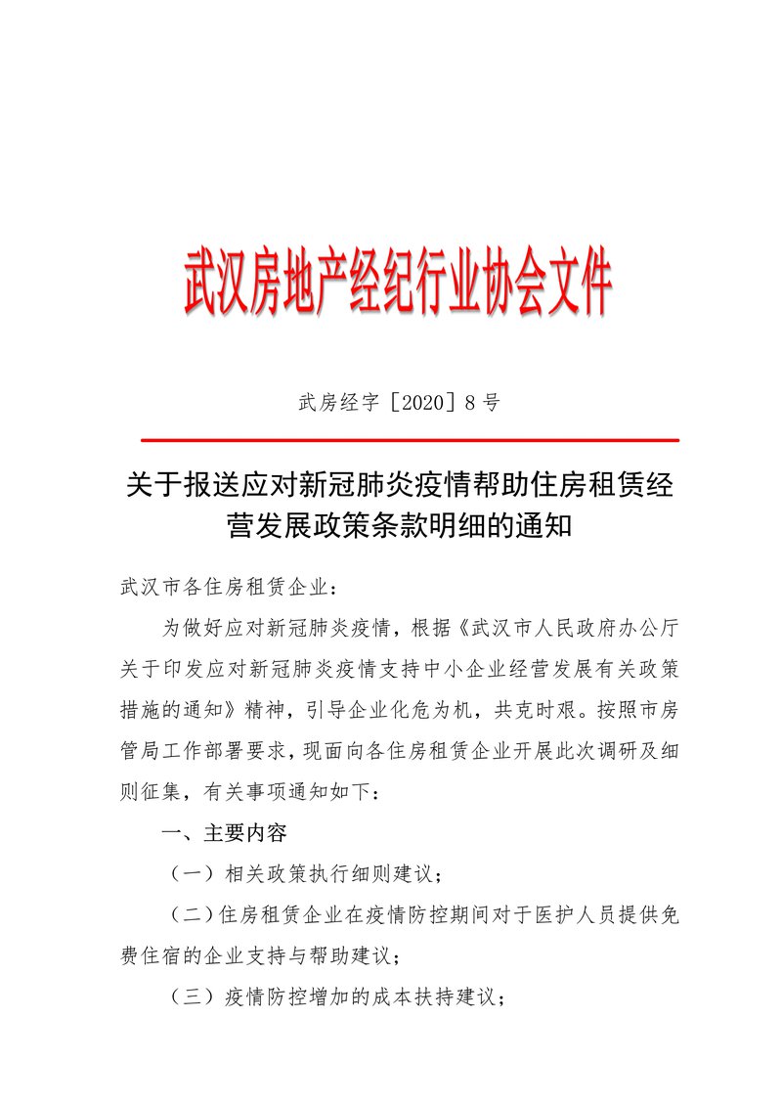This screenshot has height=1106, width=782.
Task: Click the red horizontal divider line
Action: pyautogui.click(x=410, y=441)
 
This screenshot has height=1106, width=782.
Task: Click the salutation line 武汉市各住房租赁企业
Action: pyautogui.click(x=226, y=589)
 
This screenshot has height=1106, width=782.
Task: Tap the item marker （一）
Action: pyautogui.click(x=188, y=874)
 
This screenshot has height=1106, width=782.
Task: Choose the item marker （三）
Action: pyautogui.click(x=188, y=998)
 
